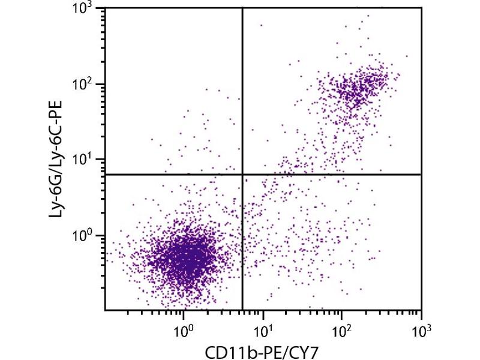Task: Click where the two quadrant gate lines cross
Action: pos(242,174)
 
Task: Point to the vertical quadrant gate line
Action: pos(242,90)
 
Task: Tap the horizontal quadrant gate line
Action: pos(330,174)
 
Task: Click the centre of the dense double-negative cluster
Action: pos(186,258)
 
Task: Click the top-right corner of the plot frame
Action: pos(422,8)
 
